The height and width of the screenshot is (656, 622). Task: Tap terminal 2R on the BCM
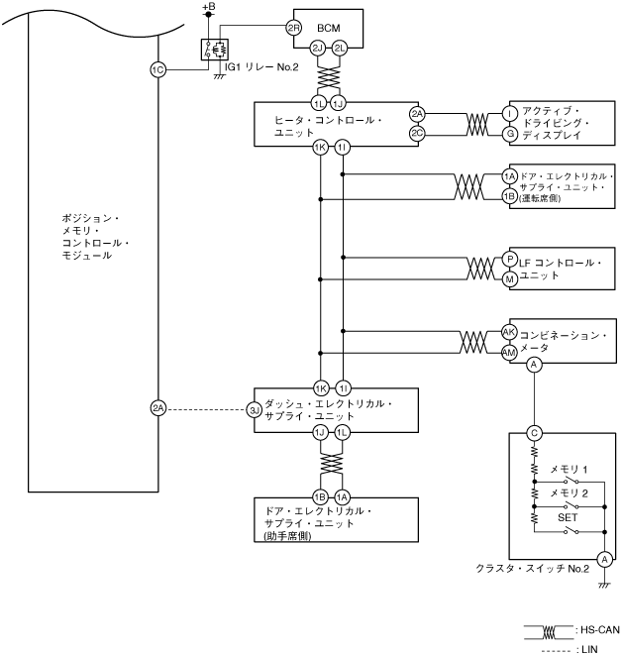tap(292, 28)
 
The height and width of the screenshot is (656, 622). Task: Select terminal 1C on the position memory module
tap(157, 69)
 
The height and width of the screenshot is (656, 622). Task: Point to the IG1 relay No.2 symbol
tap(214, 50)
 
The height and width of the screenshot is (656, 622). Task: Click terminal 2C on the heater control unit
tap(417, 133)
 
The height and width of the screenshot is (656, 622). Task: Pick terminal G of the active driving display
tap(509, 133)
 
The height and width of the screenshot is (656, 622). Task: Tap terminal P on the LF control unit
tap(509, 258)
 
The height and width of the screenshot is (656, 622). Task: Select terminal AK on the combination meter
tap(509, 332)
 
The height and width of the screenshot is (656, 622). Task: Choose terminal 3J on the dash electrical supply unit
tap(255, 407)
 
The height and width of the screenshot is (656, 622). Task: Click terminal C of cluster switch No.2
tap(534, 432)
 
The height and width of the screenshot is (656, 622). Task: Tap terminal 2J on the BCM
tap(318, 47)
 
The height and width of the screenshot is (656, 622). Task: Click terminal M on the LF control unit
tap(509, 278)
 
